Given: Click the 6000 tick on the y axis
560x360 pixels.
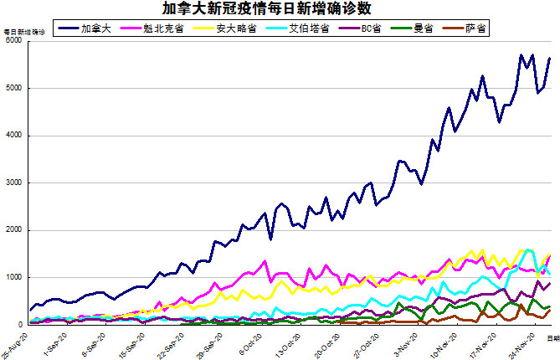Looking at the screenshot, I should (13, 41).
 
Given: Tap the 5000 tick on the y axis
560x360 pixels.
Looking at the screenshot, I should (13, 88).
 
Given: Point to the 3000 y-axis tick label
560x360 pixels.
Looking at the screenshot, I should (13, 183).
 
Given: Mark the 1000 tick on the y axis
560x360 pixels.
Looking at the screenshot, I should (13, 277).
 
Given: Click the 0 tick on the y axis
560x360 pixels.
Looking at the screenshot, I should (20, 324).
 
